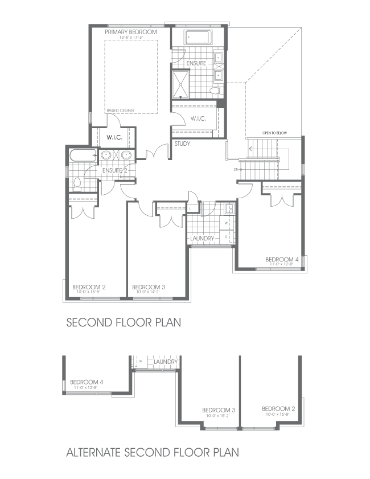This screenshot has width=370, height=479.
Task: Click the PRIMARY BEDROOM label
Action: pyautogui.click(x=130, y=32)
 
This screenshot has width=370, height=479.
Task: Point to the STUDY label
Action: pyautogui.click(x=182, y=144)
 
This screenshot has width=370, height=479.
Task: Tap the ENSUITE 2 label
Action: pyautogui.click(x=115, y=170)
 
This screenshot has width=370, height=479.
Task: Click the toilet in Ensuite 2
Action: pyautogui.click(x=77, y=183)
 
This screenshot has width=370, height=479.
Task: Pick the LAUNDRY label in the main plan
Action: pyautogui.click(x=202, y=238)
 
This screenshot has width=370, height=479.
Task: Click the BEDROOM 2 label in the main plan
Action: pyautogui.click(x=89, y=287)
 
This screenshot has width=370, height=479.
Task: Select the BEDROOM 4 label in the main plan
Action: pyautogui.click(x=282, y=259)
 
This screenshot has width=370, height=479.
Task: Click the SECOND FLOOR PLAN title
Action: pyautogui.click(x=124, y=322)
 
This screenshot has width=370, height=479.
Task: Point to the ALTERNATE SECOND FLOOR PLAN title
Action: pyautogui.click(x=152, y=453)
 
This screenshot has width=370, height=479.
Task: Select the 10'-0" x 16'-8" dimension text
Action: pyautogui.click(x=278, y=415)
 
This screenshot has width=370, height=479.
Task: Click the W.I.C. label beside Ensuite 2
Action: pyautogui.click(x=115, y=137)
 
